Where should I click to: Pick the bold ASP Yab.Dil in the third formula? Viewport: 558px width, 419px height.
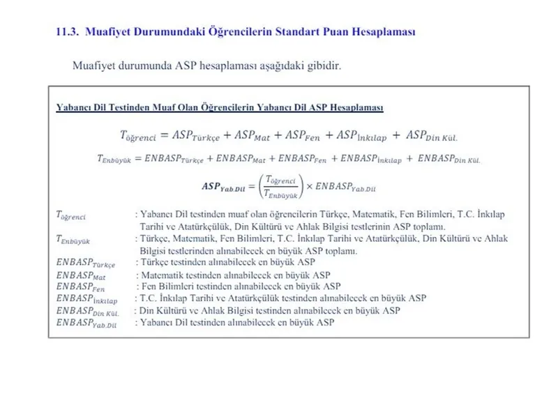tap(224, 187)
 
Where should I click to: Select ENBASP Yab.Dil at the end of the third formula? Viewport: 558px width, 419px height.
tap(342, 187)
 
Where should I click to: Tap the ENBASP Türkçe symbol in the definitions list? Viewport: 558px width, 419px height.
tap(85, 264)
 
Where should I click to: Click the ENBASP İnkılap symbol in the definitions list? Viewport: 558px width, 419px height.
tap(86, 298)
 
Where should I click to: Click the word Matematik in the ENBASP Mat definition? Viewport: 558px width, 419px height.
tap(163, 275)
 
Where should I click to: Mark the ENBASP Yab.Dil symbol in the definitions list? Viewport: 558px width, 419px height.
tap(86, 323)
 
